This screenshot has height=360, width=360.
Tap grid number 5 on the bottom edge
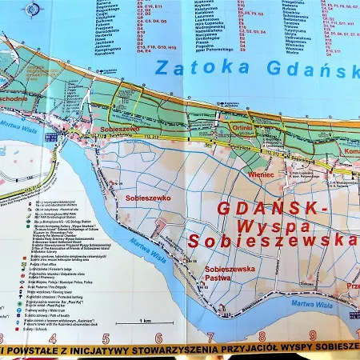point(106,338)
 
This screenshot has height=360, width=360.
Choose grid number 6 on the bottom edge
point(158,338)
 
